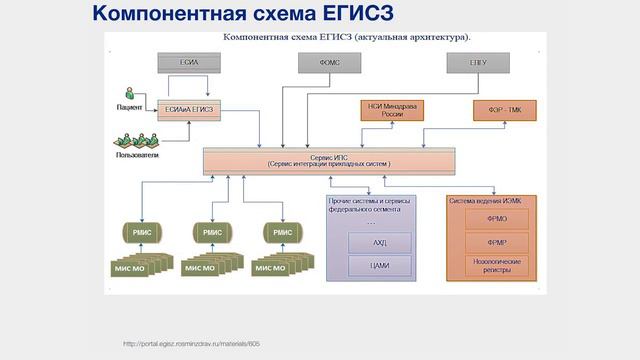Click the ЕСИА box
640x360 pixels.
coord(188,63)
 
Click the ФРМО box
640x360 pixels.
coord(497,218)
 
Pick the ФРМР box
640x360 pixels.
coord(497,242)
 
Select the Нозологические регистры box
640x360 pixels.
coord(497,265)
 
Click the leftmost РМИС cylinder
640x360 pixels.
coord(140,232)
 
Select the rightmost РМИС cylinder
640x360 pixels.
coord(283,232)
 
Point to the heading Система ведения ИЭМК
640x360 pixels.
coord(491,200)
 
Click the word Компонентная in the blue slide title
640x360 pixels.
coord(162,14)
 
